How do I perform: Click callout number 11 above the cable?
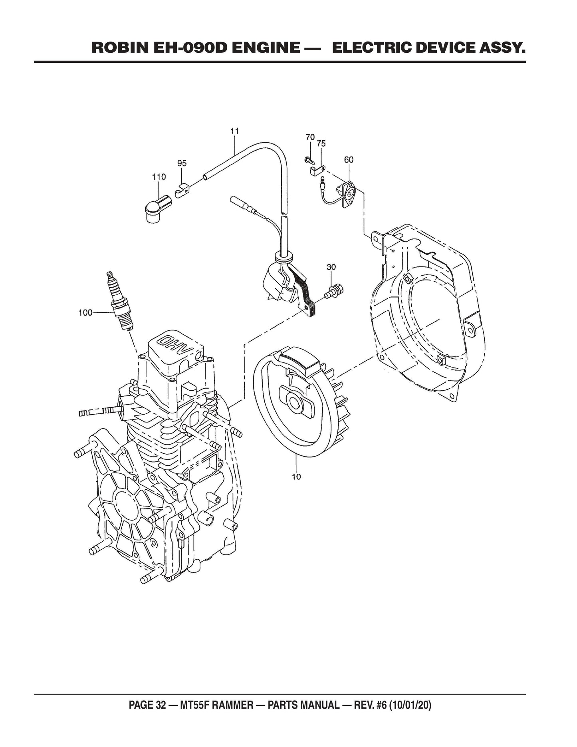point(234,131)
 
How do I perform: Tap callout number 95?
point(182,163)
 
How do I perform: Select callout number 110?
point(159,177)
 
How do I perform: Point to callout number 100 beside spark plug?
point(85,312)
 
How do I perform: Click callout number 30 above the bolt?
point(331,267)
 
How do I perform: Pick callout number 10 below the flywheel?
point(296,477)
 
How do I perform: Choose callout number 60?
point(349,159)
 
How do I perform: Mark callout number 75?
point(321,143)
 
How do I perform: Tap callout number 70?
point(310,137)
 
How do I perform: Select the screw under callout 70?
point(310,161)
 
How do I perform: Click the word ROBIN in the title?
point(116,48)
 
